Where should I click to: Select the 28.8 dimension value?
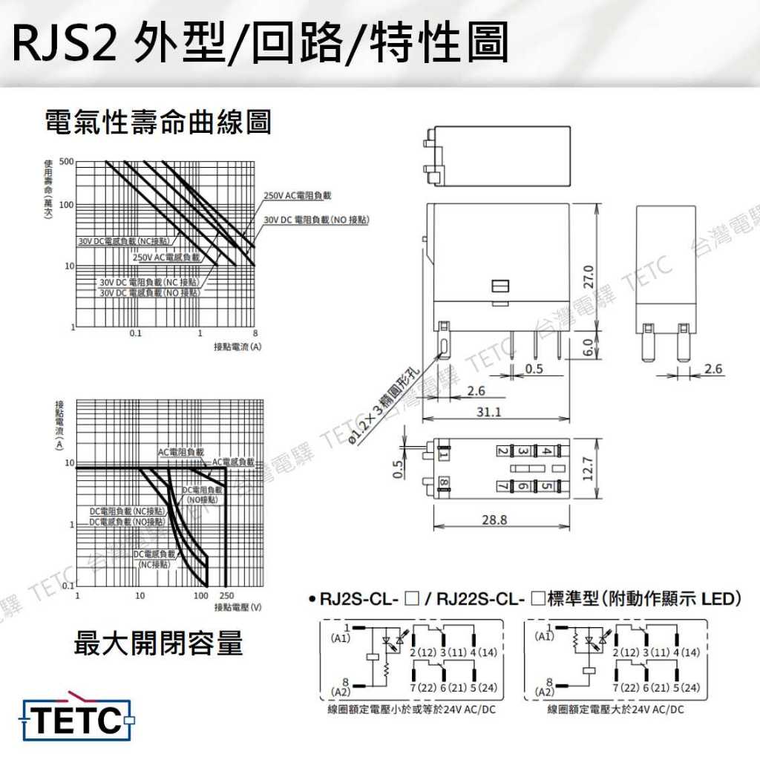click(494, 520)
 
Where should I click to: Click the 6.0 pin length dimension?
click(589, 347)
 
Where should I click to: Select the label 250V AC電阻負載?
click(298, 195)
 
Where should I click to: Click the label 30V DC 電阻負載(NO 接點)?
click(317, 220)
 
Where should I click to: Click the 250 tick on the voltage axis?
click(226, 596)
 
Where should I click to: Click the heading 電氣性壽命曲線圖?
click(158, 122)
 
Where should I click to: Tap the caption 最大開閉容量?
click(158, 643)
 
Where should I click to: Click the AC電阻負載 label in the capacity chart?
click(180, 452)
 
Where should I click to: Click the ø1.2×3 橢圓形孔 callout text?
click(384, 407)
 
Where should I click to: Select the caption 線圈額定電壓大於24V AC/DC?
click(616, 710)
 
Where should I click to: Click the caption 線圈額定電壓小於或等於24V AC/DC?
click(411, 710)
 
